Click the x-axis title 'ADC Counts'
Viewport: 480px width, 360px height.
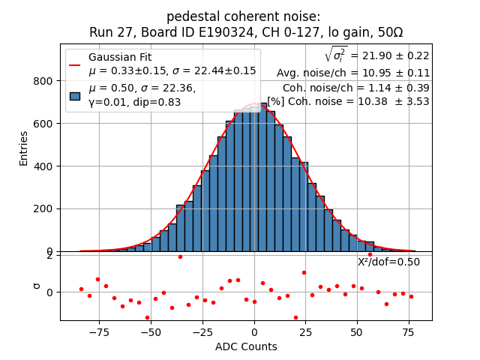coord(246,346)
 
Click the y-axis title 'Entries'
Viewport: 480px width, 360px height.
coord(23,148)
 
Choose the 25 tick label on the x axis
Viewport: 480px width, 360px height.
coord(305,331)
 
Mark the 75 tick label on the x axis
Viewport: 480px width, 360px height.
coord(409,331)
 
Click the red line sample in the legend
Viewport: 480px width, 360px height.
coord(74,64)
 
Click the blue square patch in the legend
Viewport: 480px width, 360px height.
coord(74,95)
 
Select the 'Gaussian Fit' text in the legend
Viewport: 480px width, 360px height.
coord(118,58)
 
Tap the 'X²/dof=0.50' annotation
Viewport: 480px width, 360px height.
coord(388,262)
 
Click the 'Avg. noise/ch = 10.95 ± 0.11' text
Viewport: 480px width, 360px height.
coord(353,73)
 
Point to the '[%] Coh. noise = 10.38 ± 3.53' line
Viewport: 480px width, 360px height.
coord(348,101)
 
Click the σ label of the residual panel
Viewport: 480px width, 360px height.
coord(36,285)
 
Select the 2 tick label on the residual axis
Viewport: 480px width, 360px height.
coord(49,255)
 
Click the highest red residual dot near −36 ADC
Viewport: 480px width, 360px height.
coord(180,256)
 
